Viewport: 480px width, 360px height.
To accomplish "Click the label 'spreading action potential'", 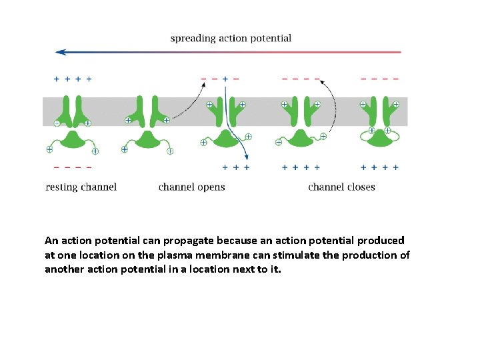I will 231,38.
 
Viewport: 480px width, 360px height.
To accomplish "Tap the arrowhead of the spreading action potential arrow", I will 60,51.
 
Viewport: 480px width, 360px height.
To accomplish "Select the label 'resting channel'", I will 81,187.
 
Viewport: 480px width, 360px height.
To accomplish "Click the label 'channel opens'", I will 192,187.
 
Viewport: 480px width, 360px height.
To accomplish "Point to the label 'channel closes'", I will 341,187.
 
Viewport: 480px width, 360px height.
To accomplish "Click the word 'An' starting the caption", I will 51,240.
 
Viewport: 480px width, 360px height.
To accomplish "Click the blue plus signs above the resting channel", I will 73,79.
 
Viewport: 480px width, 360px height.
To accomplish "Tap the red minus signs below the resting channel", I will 73,167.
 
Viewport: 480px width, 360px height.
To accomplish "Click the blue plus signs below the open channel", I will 236,167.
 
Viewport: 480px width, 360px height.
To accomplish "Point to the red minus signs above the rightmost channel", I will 380,79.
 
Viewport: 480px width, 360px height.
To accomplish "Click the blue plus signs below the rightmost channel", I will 380,167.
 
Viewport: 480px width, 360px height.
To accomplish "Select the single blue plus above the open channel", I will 225,79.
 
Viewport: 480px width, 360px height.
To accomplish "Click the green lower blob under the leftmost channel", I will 73,139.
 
